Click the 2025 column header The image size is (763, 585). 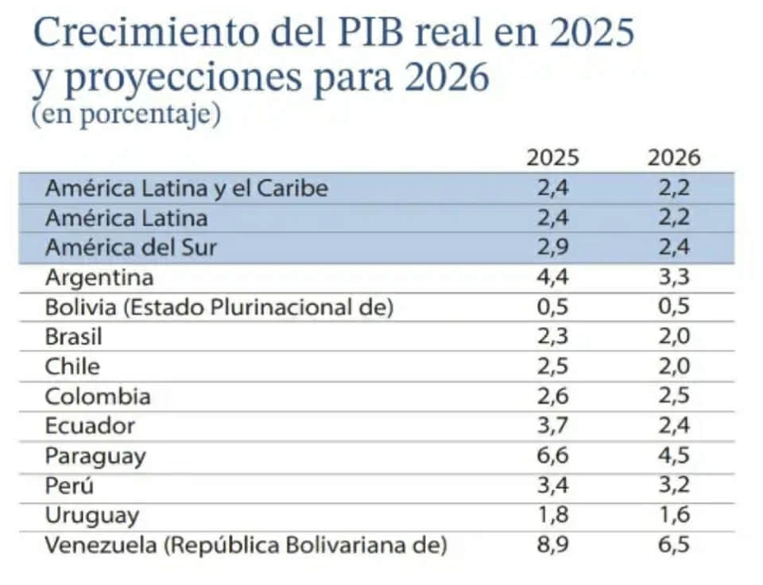point(552,157)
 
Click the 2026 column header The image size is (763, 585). point(674,157)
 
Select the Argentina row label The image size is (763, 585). point(99,278)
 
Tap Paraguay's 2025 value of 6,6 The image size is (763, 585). point(552,456)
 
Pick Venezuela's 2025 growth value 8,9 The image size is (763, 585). point(552,546)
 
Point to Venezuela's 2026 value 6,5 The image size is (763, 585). point(674,546)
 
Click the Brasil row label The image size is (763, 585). point(74,337)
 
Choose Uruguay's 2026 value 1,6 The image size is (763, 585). point(674,516)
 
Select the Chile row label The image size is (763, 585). point(72,367)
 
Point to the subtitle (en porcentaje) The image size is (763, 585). point(126,114)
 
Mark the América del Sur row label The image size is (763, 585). point(131,248)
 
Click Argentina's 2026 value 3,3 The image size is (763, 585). point(674,278)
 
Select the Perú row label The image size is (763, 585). point(70,486)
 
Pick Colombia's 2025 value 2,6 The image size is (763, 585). point(552,397)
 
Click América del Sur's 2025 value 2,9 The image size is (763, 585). point(552,248)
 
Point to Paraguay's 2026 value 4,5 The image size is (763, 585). point(674,456)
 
